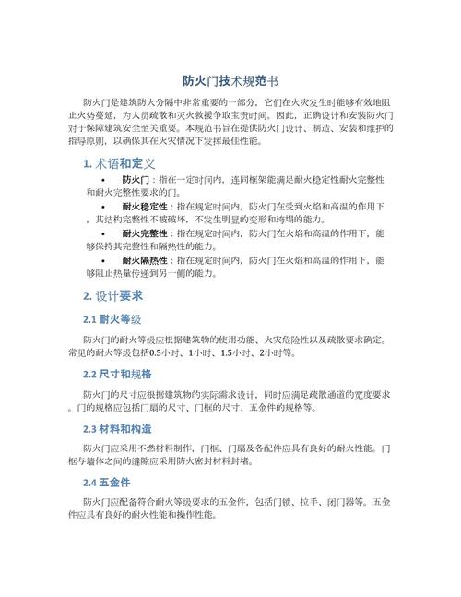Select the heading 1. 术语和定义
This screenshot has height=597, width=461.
118,163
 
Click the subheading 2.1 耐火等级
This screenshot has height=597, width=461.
112,319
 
